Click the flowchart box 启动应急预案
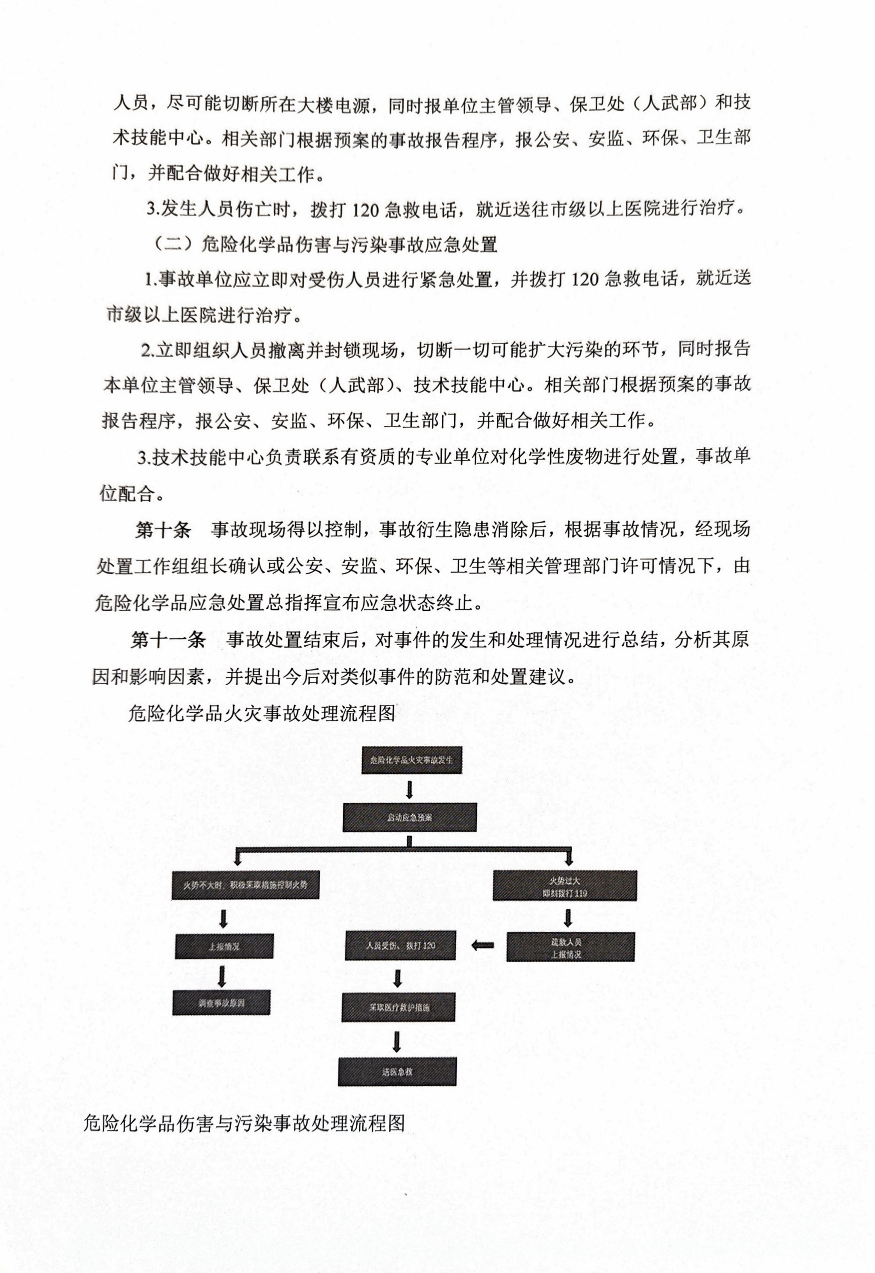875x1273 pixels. [x=410, y=817]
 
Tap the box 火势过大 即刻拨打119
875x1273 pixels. [x=565, y=886]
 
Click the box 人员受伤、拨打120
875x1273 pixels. [x=400, y=946]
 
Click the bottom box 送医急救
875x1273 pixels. [x=397, y=1071]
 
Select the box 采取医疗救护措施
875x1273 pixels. [x=399, y=1007]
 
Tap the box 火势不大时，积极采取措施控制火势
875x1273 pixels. [x=245, y=885]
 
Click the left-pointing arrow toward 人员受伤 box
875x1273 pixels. [x=482, y=945]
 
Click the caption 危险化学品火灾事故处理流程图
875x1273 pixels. [x=261, y=713]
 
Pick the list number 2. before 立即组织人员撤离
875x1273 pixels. [x=147, y=351]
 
